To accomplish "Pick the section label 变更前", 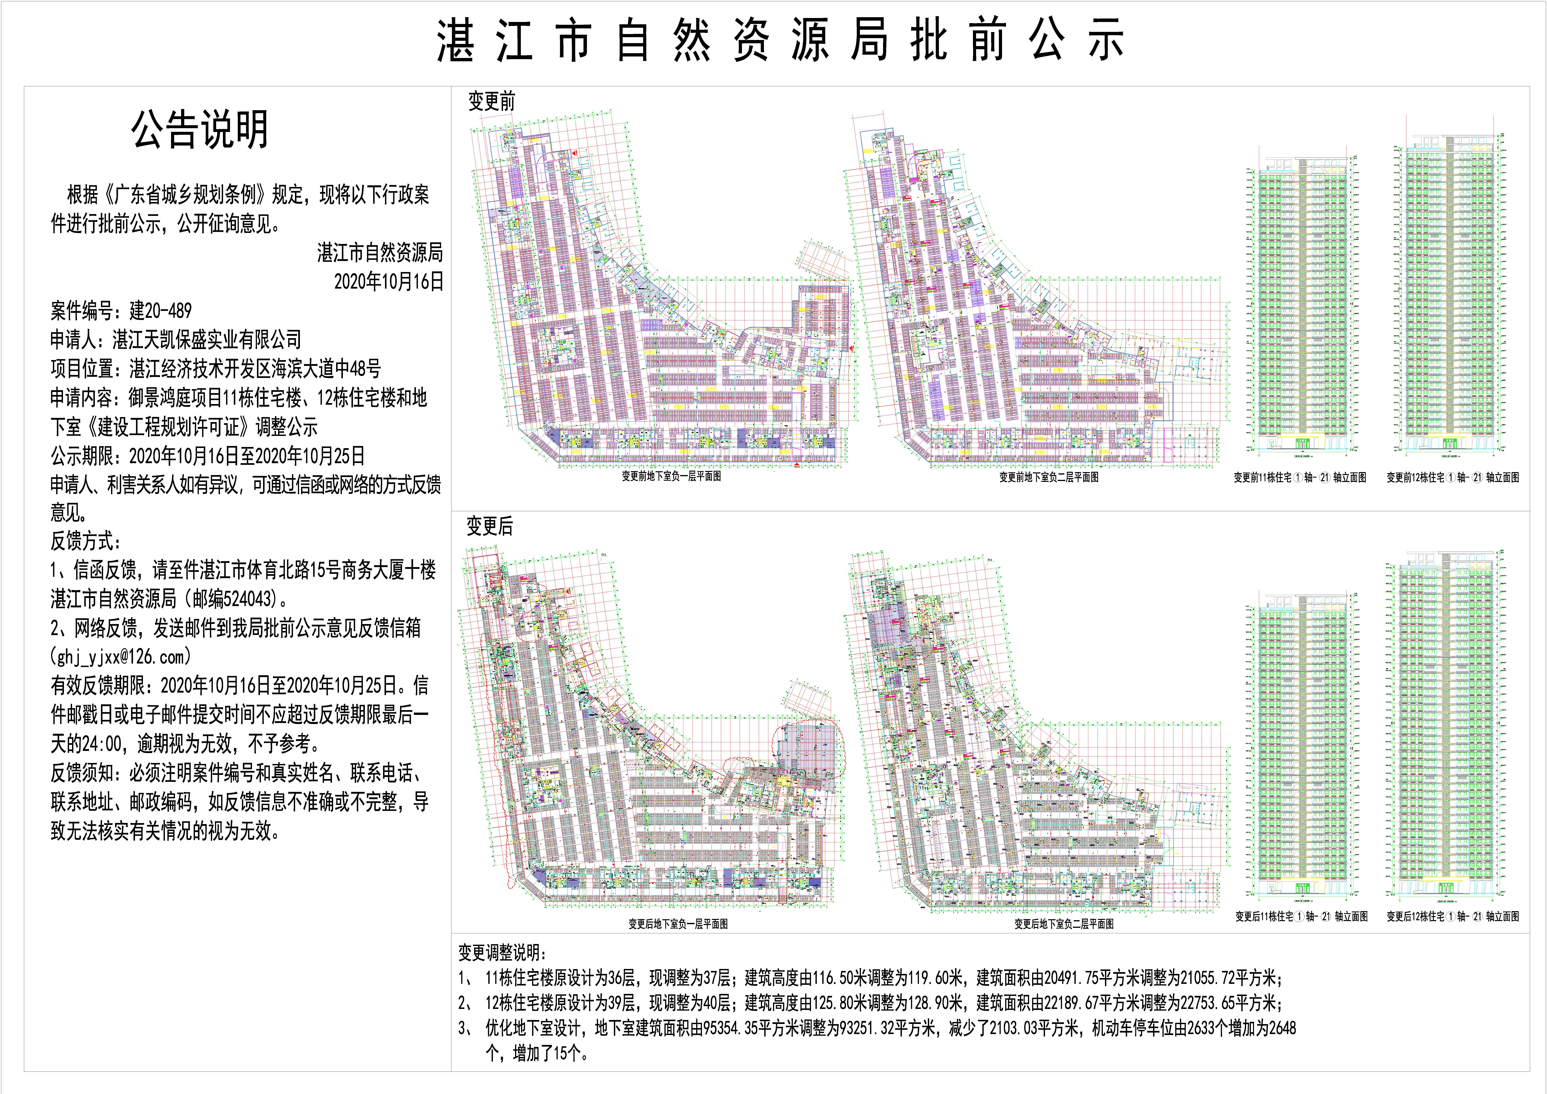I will (491, 102).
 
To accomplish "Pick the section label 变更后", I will (490, 526).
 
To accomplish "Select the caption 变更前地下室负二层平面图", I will (1048, 477).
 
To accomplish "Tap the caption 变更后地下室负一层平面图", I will (678, 924).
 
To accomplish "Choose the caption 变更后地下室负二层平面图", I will (1064, 924).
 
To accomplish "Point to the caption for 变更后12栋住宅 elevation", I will (1453, 916).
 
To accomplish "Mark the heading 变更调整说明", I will (503, 953).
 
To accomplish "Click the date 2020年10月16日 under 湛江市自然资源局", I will (389, 282).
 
